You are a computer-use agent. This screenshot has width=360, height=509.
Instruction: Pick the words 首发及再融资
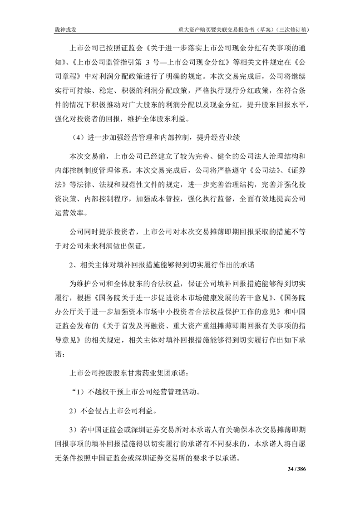tap(139, 326)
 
